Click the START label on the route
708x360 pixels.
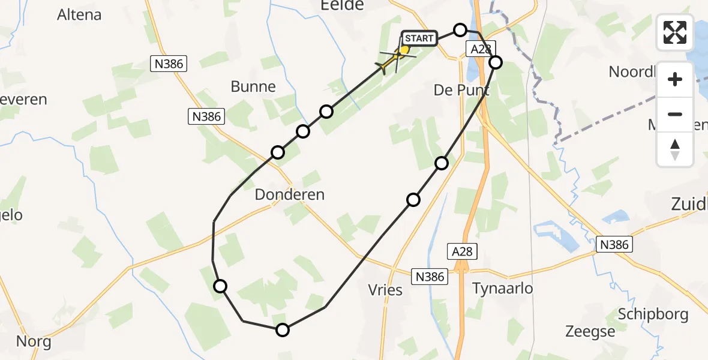(418, 38)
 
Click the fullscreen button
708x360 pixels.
(675, 32)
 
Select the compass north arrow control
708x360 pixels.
(675, 149)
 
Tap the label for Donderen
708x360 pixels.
(289, 194)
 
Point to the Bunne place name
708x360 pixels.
(253, 86)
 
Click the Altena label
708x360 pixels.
(79, 15)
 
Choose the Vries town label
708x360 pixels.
(385, 289)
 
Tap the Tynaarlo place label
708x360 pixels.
(503, 288)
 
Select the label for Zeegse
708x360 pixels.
(590, 331)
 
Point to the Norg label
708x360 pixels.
(34, 343)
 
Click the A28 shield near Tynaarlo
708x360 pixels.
(462, 251)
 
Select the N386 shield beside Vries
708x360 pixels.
(430, 276)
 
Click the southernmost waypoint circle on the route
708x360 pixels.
(282, 329)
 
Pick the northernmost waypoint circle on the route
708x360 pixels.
(460, 29)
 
